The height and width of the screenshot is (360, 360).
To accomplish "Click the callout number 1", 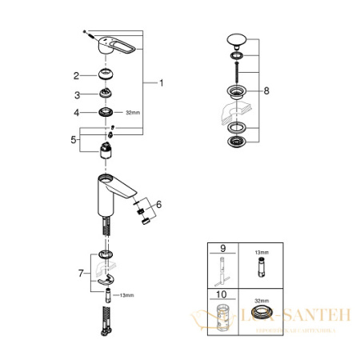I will coord(161,83).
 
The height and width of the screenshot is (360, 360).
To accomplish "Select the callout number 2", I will coord(76,76).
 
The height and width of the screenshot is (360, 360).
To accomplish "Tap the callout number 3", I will coord(76,94).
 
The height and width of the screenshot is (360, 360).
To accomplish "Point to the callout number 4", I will coord(76,113).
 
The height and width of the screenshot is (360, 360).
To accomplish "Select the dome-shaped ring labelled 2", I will coord(105,75).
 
